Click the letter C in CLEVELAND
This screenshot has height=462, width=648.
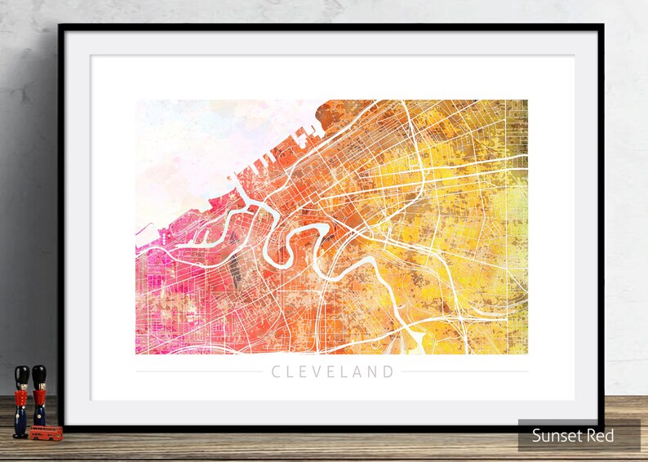click(277, 372)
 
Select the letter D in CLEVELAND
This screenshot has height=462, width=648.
click(388, 372)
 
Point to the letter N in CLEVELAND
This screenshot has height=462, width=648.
click(372, 372)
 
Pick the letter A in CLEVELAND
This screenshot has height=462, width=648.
click(357, 372)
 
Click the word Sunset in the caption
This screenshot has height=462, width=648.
click(557, 436)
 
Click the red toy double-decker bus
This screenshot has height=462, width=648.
click(46, 432)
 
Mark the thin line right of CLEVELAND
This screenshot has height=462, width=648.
click(465, 372)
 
